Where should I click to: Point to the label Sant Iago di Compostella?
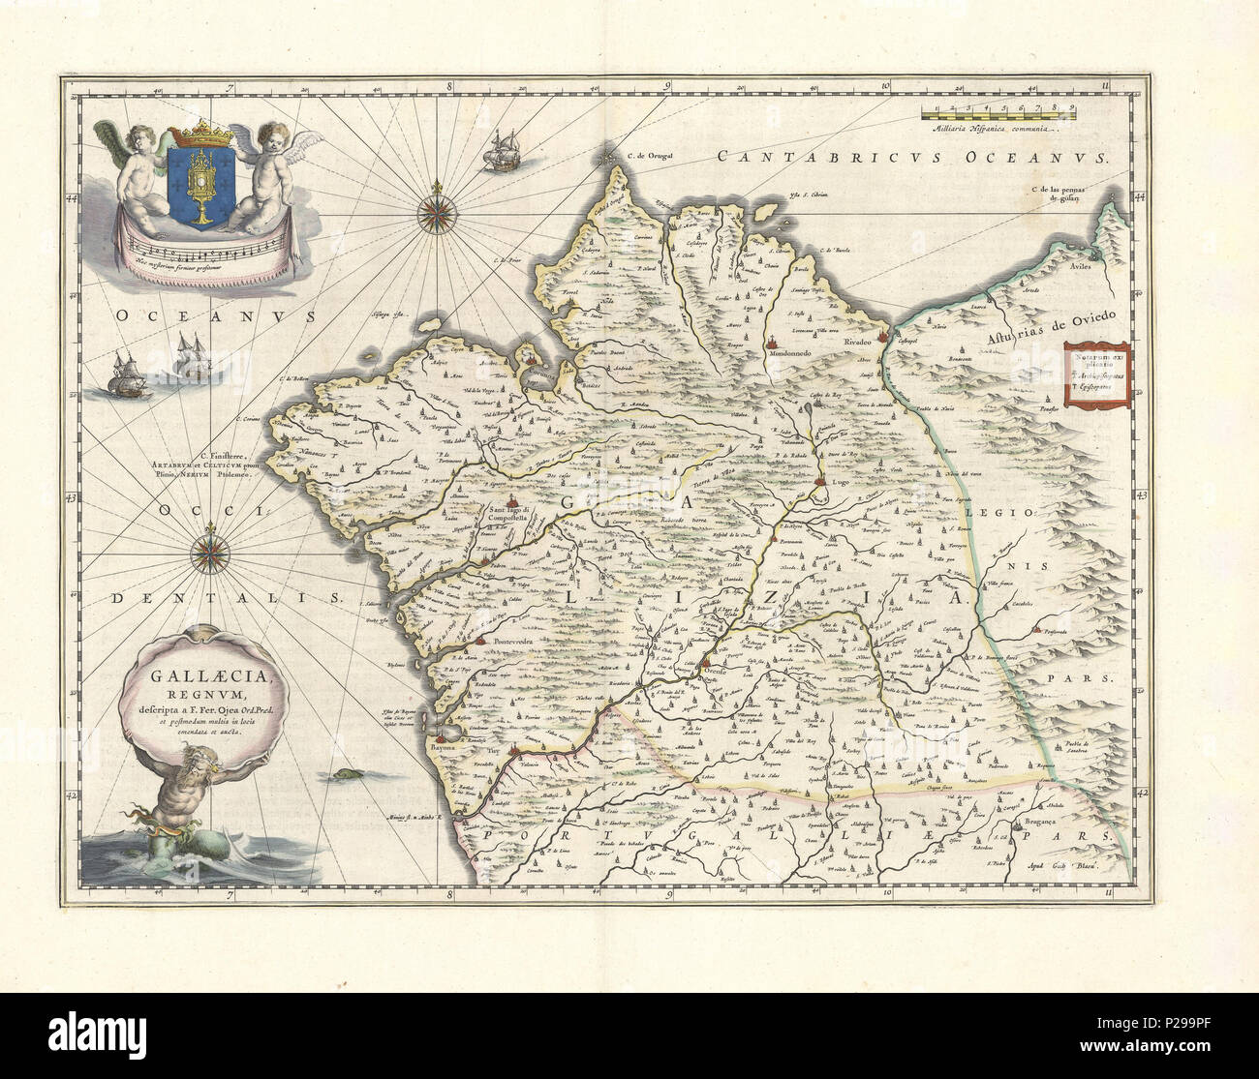click(x=521, y=515)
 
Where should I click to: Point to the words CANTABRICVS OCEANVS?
click(x=911, y=157)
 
